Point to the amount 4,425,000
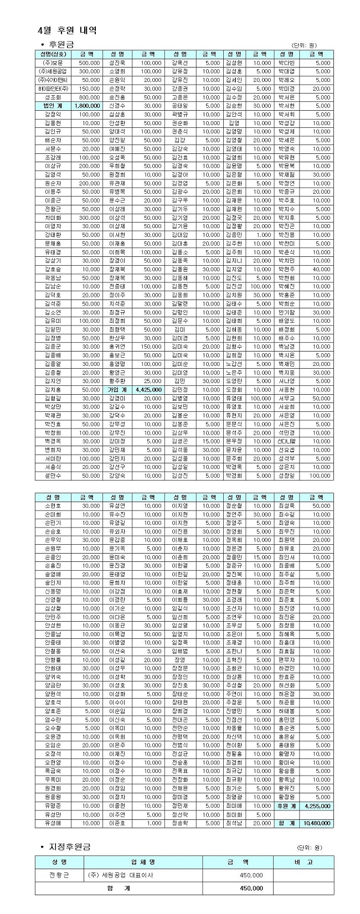[x=148, y=390]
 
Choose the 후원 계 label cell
[x=287, y=806]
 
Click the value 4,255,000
[x=317, y=806]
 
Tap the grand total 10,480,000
[x=317, y=823]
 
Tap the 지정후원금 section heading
[x=69, y=847]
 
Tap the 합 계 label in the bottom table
[x=119, y=888]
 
